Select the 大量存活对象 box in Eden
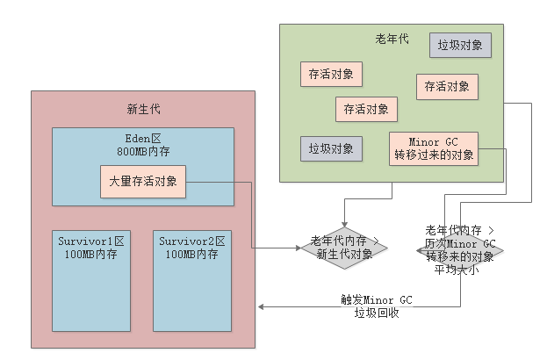pyautogui.click(x=143, y=182)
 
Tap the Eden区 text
pyautogui.click(x=143, y=138)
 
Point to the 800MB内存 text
pyautogui.click(x=143, y=151)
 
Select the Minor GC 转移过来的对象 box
pyautogui.click(x=434, y=148)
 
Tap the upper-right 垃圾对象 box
pyautogui.click(x=460, y=45)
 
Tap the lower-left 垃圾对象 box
pyautogui.click(x=331, y=148)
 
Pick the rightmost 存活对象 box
pyautogui.click(x=447, y=86)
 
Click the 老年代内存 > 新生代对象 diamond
pyautogui.click(x=344, y=247)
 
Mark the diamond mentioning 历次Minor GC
pyautogui.click(x=460, y=249)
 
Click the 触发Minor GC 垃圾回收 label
pyautogui.click(x=377, y=306)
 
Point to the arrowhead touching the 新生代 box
pyautogui.click(x=261, y=306)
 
